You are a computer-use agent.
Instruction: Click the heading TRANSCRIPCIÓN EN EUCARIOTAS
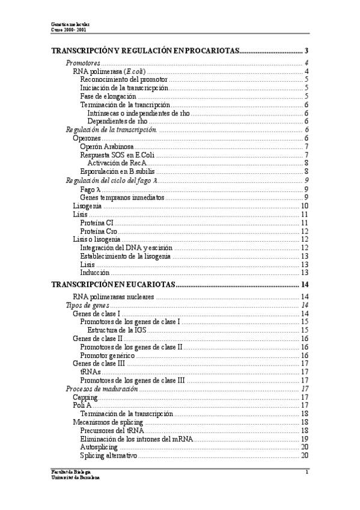coord(113,284)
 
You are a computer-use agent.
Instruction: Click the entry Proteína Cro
coord(98,232)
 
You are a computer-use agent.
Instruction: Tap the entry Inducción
coord(94,272)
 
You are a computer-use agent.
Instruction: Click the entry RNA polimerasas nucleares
coord(113,297)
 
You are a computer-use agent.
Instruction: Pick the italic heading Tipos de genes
coord(87,306)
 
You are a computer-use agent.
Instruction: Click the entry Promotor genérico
coord(109,355)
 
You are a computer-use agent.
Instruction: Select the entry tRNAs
coord(90,372)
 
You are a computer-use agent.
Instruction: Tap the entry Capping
coord(85,398)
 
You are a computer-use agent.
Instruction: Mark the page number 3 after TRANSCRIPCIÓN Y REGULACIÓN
coord(307,51)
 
